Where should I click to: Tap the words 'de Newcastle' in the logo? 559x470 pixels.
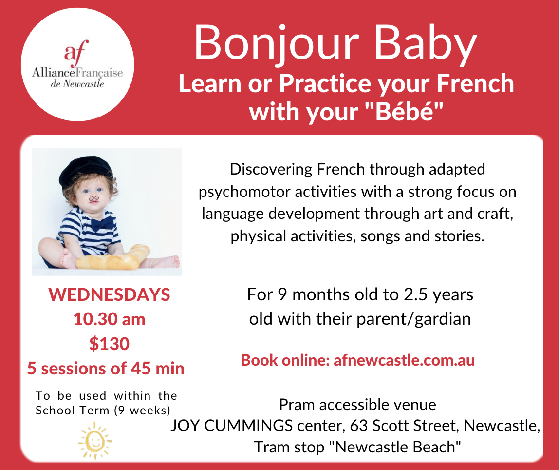[x=77, y=84]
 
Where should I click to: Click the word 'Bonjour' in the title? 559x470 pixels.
[x=276, y=43]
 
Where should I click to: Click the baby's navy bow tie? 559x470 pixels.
[x=102, y=223]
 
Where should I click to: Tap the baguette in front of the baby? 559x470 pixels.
[x=112, y=257]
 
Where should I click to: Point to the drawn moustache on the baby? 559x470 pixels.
[x=94, y=198]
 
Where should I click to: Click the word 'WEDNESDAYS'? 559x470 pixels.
[x=110, y=295]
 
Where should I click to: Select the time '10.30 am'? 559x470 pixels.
[x=110, y=319]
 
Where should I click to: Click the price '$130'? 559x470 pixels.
[x=110, y=344]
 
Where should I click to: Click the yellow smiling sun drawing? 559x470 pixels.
[x=95, y=441]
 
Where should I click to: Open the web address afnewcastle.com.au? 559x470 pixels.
[x=404, y=360]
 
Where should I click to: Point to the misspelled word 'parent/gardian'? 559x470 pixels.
[x=413, y=319]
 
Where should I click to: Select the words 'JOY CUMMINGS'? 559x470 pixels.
[x=232, y=426]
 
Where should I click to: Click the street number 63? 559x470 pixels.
[x=359, y=426]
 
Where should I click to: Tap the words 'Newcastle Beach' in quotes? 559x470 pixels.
[x=395, y=447]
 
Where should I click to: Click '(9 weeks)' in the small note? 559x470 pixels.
[x=142, y=411]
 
